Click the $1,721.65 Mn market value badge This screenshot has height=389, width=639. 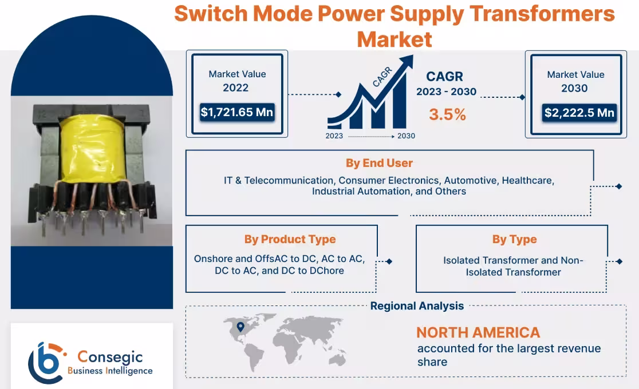coord(236,112)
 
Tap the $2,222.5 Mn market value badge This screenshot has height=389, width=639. coord(579,113)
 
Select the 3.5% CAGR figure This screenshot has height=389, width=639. coord(447,114)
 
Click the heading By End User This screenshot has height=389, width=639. coord(379,163)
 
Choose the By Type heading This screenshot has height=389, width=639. coord(514,239)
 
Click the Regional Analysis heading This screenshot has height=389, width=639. coord(417,306)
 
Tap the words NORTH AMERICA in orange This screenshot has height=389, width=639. coord(478,332)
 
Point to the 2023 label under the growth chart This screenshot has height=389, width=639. coord(334,136)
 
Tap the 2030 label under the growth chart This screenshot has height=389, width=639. coord(406,136)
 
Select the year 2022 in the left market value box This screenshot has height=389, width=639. coord(236,88)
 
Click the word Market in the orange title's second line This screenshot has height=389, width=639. coord(395,39)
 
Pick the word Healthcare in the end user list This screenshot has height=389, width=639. coord(528,180)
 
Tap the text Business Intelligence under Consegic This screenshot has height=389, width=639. coord(110,371)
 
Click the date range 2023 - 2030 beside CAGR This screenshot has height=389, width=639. coord(446,92)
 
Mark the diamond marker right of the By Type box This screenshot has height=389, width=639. coord(619,261)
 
